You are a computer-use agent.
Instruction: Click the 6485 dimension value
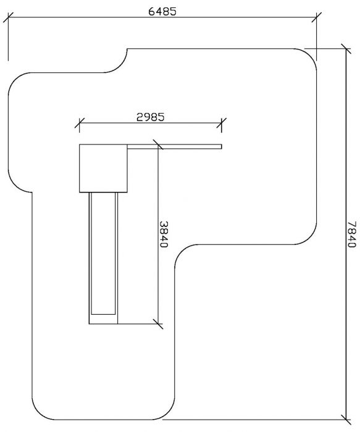pos(162,11)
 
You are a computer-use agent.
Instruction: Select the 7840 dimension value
pos(352,234)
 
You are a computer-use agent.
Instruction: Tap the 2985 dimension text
pos(151,117)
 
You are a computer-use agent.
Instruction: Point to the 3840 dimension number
pos(164,234)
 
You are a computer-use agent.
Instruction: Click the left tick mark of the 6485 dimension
pos(8,17)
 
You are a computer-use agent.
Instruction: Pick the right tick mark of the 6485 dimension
pos(316,17)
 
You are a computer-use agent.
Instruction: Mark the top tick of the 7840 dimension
pos(346,49)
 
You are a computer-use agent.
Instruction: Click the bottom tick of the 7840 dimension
pos(346,420)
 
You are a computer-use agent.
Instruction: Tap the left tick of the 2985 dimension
pos(80,123)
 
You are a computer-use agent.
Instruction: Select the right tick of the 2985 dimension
pos(222,123)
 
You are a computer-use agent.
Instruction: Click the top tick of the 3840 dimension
pos(158,144)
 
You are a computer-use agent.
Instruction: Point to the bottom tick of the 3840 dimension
pos(158,324)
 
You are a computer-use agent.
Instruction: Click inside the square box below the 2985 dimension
pos(103,168)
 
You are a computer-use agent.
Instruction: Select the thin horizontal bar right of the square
pos(175,147)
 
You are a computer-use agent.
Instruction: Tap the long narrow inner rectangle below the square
pos(103,253)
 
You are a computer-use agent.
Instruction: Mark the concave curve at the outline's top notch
pos(120,65)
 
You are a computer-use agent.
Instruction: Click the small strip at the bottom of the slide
pos(103,319)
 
